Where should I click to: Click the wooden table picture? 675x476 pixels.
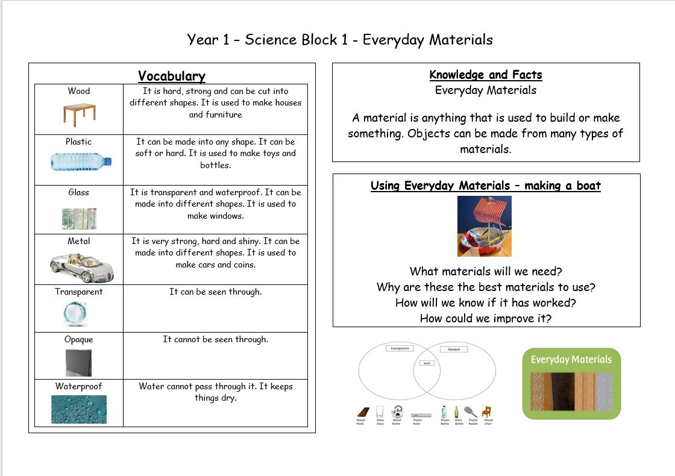(x=79, y=112)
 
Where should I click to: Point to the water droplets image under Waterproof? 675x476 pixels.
(x=79, y=409)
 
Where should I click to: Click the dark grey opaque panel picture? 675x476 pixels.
(x=78, y=363)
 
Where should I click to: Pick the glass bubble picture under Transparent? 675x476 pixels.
(x=76, y=313)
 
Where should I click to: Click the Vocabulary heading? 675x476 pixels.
(x=172, y=76)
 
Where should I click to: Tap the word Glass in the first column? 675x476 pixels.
(x=78, y=192)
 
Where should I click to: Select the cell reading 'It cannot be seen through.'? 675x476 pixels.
(x=215, y=339)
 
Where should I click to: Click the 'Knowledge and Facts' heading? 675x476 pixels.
(x=486, y=75)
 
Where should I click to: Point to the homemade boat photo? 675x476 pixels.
(x=485, y=226)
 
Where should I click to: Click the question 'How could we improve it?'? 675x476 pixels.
(x=486, y=318)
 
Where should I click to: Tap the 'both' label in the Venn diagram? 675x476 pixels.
(x=428, y=363)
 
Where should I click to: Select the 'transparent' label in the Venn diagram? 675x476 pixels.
(x=400, y=348)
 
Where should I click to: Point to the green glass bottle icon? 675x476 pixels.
(x=457, y=412)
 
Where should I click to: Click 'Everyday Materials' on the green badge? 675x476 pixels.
(x=571, y=360)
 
